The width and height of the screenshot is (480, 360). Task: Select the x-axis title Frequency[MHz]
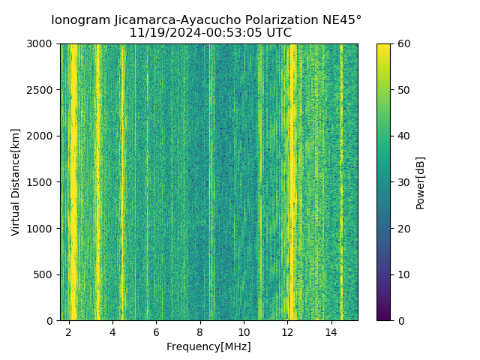click(208, 346)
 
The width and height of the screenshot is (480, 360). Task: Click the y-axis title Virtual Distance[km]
click(16, 182)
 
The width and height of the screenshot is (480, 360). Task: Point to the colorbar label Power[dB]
click(421, 182)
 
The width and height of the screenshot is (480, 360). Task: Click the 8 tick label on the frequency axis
click(200, 331)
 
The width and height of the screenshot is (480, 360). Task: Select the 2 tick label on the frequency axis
click(69, 331)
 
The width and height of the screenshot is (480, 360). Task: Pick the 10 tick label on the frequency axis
click(244, 331)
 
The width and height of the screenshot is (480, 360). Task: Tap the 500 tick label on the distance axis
click(45, 274)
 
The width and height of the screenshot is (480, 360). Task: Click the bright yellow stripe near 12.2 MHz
click(292, 180)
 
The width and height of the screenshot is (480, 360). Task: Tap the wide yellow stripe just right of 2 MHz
click(73, 180)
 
